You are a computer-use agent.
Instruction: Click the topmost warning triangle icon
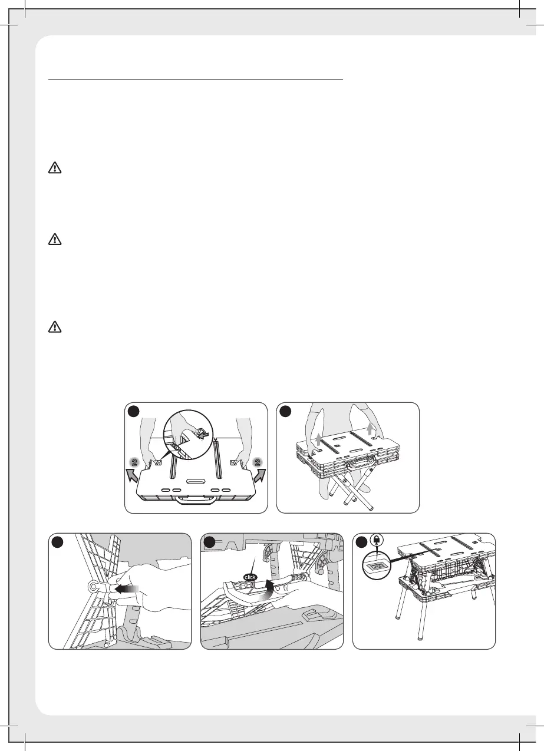(55, 167)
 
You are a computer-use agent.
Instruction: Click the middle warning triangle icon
(55, 239)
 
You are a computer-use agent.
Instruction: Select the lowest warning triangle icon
(55, 326)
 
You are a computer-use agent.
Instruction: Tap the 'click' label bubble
(250, 577)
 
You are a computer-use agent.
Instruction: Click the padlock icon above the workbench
(377, 540)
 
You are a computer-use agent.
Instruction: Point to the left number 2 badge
(135, 462)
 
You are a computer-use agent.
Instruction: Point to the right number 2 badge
(258, 462)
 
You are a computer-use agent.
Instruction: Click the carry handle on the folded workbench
(195, 499)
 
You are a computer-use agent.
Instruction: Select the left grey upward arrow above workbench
(318, 439)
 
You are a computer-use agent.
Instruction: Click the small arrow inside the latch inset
(203, 435)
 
